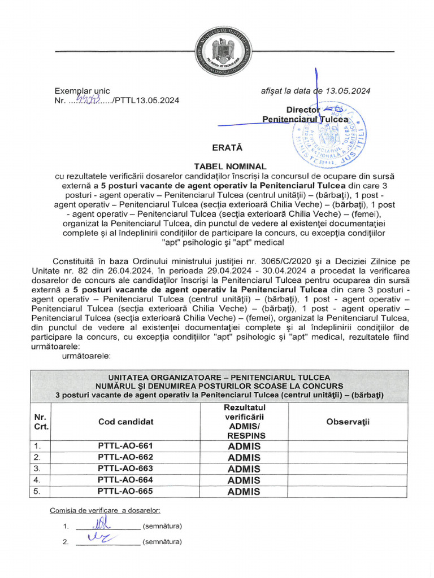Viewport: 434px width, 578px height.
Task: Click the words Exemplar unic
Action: [82, 91]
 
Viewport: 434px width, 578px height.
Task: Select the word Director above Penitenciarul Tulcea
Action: [303, 110]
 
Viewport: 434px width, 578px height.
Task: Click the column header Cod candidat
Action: [125, 422]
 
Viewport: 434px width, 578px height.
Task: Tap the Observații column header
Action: [348, 422]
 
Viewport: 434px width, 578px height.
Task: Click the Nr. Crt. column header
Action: [40, 422]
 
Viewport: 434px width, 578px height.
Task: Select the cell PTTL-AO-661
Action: [125, 445]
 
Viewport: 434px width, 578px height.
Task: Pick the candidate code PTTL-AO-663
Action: [125, 468]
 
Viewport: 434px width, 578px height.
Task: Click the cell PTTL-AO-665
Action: [125, 491]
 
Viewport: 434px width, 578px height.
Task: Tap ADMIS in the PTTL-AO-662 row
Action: [244, 457]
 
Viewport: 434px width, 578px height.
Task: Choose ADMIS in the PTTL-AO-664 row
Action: [244, 480]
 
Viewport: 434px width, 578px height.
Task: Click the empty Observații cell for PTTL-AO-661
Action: [348, 445]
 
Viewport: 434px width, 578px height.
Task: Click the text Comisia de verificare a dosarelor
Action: [105, 510]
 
